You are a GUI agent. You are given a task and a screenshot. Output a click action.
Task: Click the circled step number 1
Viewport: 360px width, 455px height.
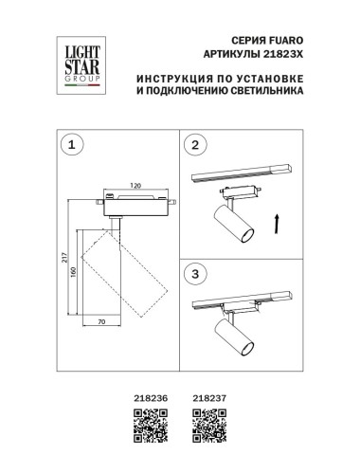(68, 145)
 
